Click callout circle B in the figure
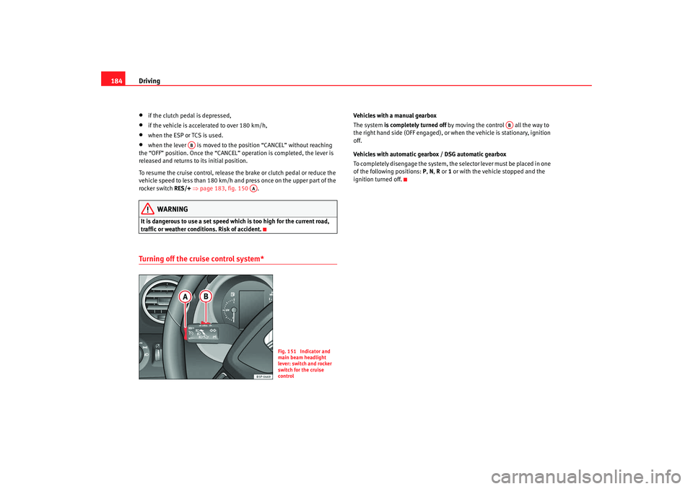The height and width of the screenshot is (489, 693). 206,296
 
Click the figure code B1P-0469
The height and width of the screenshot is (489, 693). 263,376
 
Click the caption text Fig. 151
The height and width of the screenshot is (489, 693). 287,351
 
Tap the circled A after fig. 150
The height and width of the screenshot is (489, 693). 253,188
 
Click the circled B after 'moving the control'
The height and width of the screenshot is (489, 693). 509,125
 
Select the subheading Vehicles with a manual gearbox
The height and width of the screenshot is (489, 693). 394,115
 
